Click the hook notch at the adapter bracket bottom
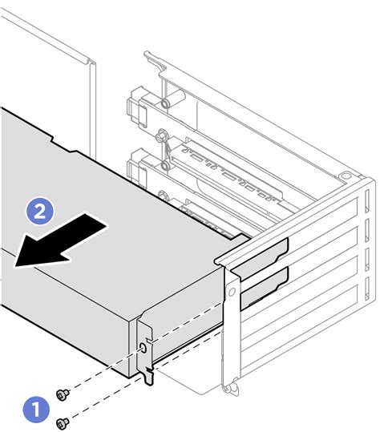pyautogui.click(x=148, y=373)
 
